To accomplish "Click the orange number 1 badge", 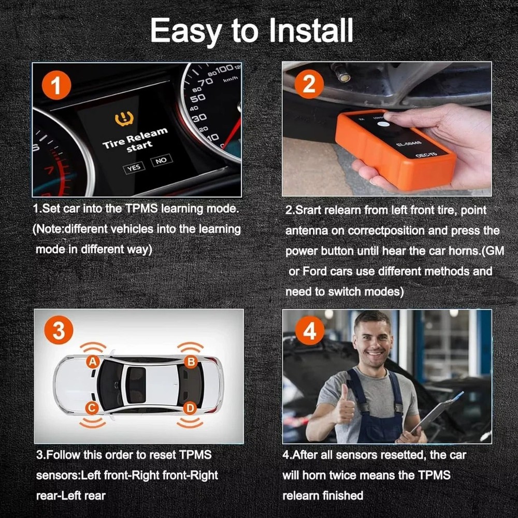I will (x=55, y=86).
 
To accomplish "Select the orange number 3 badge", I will (x=59, y=331).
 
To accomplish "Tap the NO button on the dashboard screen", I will (x=161, y=160).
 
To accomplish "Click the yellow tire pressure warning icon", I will (x=124, y=120).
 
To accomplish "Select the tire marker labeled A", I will (x=93, y=362).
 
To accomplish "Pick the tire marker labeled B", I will (x=191, y=362).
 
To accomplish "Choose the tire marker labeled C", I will (x=92, y=408).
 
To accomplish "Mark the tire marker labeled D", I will (x=190, y=408).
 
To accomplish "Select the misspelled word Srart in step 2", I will (x=310, y=211).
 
